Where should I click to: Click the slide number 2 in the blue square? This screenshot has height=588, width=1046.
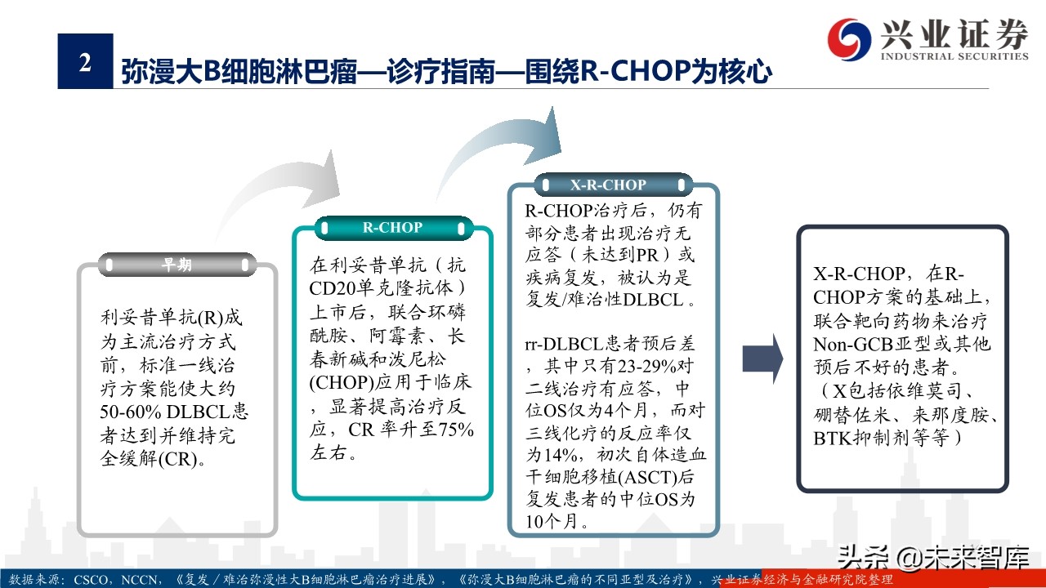tap(85, 62)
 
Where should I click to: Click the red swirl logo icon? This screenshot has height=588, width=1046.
tap(849, 37)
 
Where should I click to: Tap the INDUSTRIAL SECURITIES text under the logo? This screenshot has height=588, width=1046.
tap(954, 56)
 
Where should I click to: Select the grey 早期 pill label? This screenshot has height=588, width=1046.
tap(177, 265)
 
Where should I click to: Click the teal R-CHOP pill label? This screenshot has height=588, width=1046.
tap(392, 228)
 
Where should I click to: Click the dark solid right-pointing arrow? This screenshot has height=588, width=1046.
tap(762, 358)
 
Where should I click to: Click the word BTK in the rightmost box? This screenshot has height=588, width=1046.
tap(832, 439)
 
